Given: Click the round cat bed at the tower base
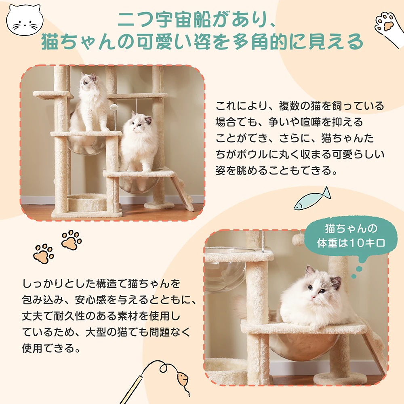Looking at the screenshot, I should (x=87, y=201).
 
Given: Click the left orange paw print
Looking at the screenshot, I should (x=44, y=254).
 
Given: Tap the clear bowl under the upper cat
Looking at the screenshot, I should (x=87, y=145).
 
